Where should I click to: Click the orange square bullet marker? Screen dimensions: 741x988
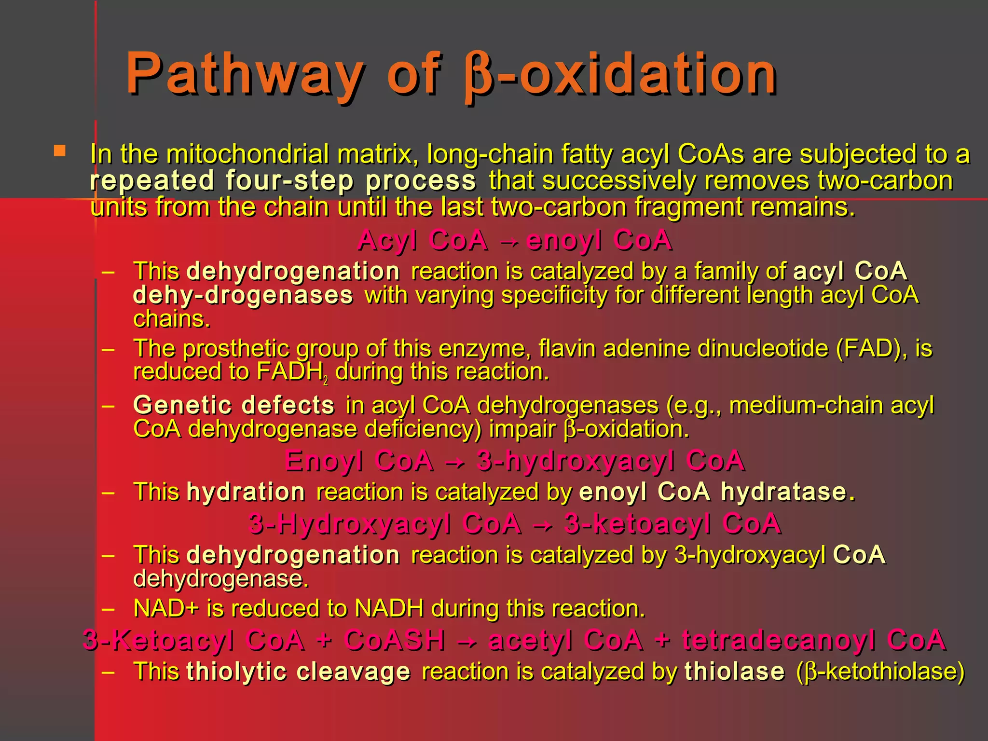(60, 151)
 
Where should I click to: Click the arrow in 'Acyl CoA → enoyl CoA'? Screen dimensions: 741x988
(507, 241)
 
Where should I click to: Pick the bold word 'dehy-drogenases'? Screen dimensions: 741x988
(243, 295)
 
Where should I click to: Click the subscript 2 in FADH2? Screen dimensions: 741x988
(326, 381)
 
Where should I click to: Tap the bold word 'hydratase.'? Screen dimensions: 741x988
(788, 492)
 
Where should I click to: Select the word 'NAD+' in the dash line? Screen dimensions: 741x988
(166, 608)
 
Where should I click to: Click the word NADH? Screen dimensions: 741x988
(389, 608)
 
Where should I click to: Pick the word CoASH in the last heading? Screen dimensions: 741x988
(395, 641)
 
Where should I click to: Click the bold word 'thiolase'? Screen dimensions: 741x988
(735, 672)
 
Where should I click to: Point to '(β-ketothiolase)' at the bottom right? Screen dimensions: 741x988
(880, 672)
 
